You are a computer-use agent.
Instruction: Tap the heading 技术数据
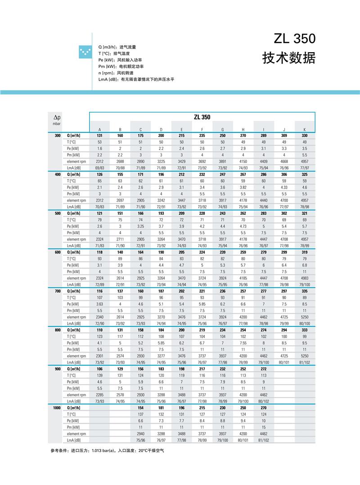coord(289,59)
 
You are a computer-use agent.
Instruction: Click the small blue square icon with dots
coord(84,52)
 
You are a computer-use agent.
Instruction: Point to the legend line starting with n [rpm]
coord(115,73)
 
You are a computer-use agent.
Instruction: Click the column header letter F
coord(202,130)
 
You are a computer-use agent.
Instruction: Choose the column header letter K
coord(304,130)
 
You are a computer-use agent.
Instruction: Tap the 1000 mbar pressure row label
coord(56,408)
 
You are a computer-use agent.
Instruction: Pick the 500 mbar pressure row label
coord(57,213)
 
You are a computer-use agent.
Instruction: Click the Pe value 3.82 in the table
coord(243,187)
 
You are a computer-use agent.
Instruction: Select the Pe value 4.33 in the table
coord(284,187)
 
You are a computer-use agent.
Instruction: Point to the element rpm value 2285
coord(99,394)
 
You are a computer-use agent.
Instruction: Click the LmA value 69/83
coord(99,168)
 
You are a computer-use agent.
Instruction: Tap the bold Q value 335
coord(304,291)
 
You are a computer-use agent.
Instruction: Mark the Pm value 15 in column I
coord(263,427)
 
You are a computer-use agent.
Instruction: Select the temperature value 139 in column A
coord(99,375)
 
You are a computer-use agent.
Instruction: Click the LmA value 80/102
coord(263,401)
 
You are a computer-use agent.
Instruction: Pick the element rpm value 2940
coord(140,434)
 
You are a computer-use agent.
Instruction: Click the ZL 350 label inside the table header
coord(202,117)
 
